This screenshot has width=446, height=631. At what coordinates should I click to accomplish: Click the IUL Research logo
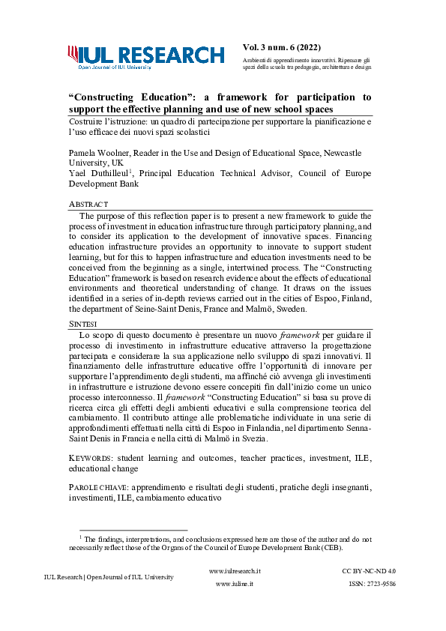point(145,56)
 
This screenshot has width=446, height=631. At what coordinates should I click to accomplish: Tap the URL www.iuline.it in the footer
point(235,583)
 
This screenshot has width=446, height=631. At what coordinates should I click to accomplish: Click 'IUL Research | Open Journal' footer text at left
point(109,577)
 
